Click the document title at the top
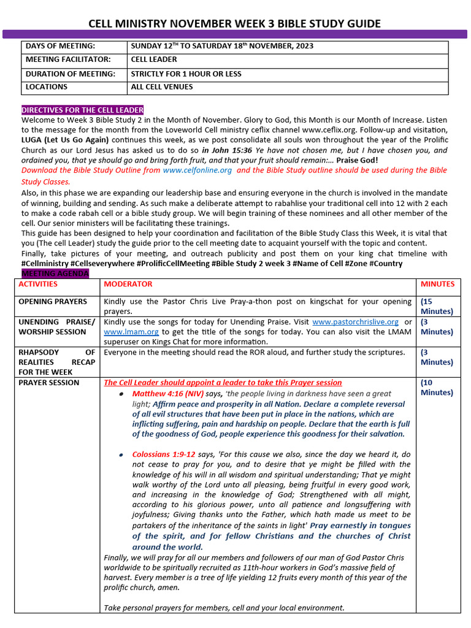235,24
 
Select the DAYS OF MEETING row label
60,47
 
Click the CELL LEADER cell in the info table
154,60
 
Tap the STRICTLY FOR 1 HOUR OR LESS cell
186,74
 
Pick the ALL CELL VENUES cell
162,87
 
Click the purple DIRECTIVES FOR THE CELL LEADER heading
83,110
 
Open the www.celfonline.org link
197,170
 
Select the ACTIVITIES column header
38,285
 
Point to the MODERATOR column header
128,285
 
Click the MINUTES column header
437,285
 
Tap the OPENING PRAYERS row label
53,302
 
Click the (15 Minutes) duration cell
437,307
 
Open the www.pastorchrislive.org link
355,322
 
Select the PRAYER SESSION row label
49,383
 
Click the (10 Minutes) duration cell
437,388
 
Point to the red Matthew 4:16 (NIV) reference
169,394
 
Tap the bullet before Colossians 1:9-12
122,455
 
